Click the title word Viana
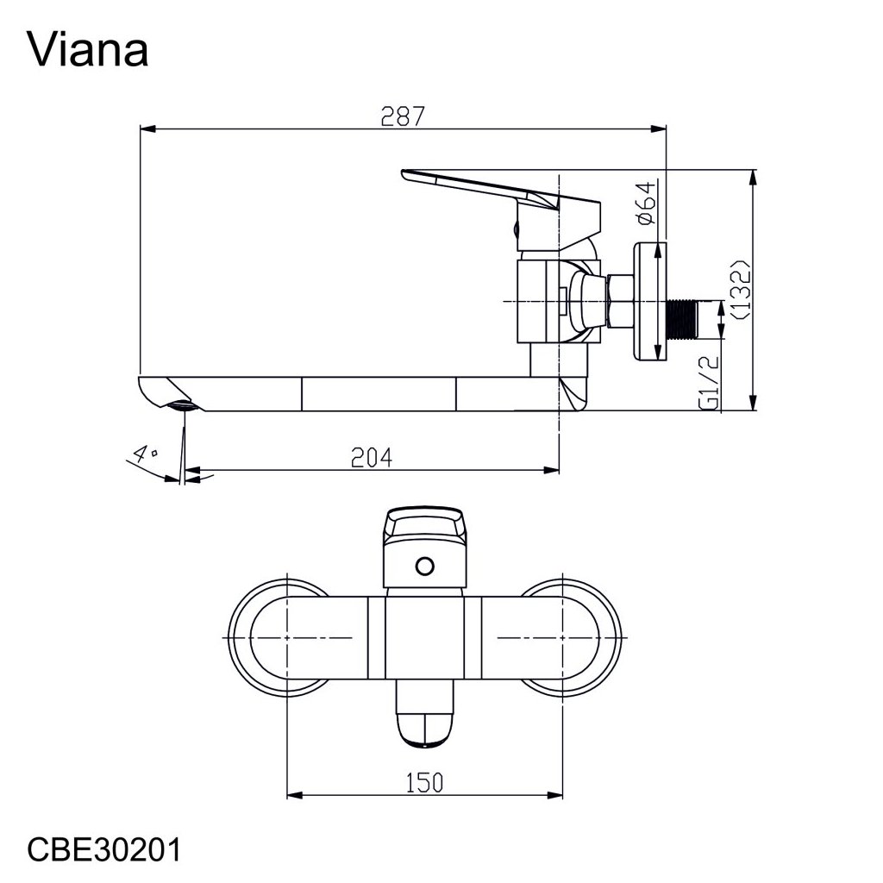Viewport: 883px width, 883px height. pyautogui.click(x=89, y=50)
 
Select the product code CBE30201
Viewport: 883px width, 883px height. pyautogui.click(x=104, y=849)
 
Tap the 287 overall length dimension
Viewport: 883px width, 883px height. pyautogui.click(x=404, y=116)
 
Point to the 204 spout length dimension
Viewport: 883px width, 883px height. pyautogui.click(x=373, y=458)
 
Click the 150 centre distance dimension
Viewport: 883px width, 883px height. pyautogui.click(x=424, y=782)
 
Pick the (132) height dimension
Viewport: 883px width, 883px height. pyautogui.click(x=740, y=289)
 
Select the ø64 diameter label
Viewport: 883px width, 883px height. pyautogui.click(x=648, y=204)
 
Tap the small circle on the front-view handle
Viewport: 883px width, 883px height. pyautogui.click(x=423, y=566)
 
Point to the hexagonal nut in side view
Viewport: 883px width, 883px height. pyautogui.click(x=618, y=301)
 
